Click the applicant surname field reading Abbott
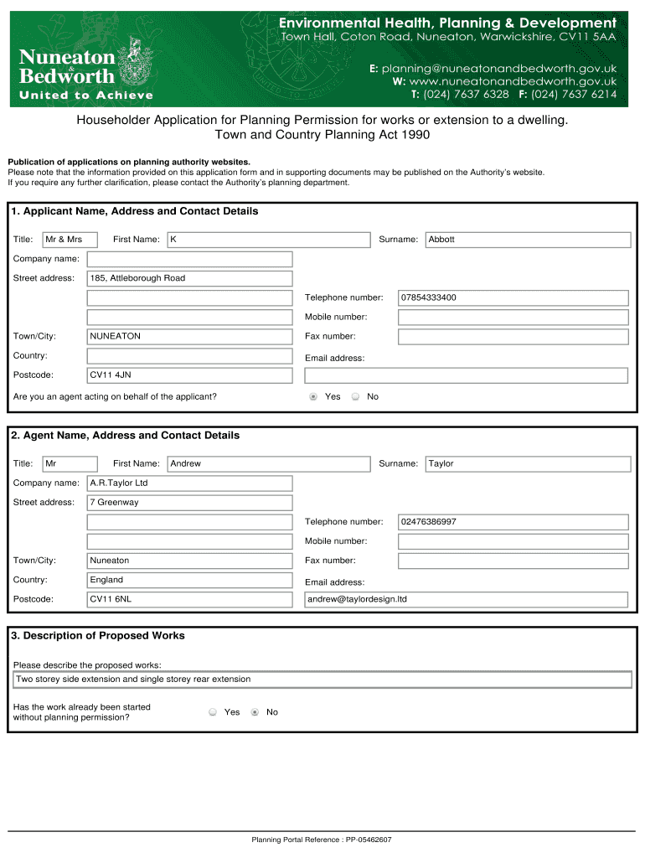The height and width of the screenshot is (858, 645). tap(528, 240)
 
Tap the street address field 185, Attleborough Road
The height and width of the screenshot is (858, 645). tap(190, 278)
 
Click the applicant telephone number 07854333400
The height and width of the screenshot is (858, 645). tap(513, 297)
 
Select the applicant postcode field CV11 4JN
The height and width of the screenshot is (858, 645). tap(190, 375)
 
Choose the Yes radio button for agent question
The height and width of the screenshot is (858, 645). tap(313, 396)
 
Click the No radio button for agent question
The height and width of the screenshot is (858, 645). tap(355, 396)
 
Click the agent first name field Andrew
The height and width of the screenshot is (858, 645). tap(268, 463)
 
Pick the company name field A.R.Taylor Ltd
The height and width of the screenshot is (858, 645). tap(190, 483)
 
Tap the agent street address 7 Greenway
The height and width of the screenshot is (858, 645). tap(190, 503)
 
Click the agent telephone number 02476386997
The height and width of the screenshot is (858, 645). tap(513, 521)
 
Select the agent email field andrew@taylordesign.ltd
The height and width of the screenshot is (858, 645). tap(465, 599)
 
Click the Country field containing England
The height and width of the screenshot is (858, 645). tap(190, 580)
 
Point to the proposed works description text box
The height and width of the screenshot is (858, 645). tap(322, 680)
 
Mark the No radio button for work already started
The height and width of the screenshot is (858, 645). tap(255, 712)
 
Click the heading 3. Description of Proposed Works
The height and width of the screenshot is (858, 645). tap(98, 636)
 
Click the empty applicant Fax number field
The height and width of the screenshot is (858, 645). tap(513, 336)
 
